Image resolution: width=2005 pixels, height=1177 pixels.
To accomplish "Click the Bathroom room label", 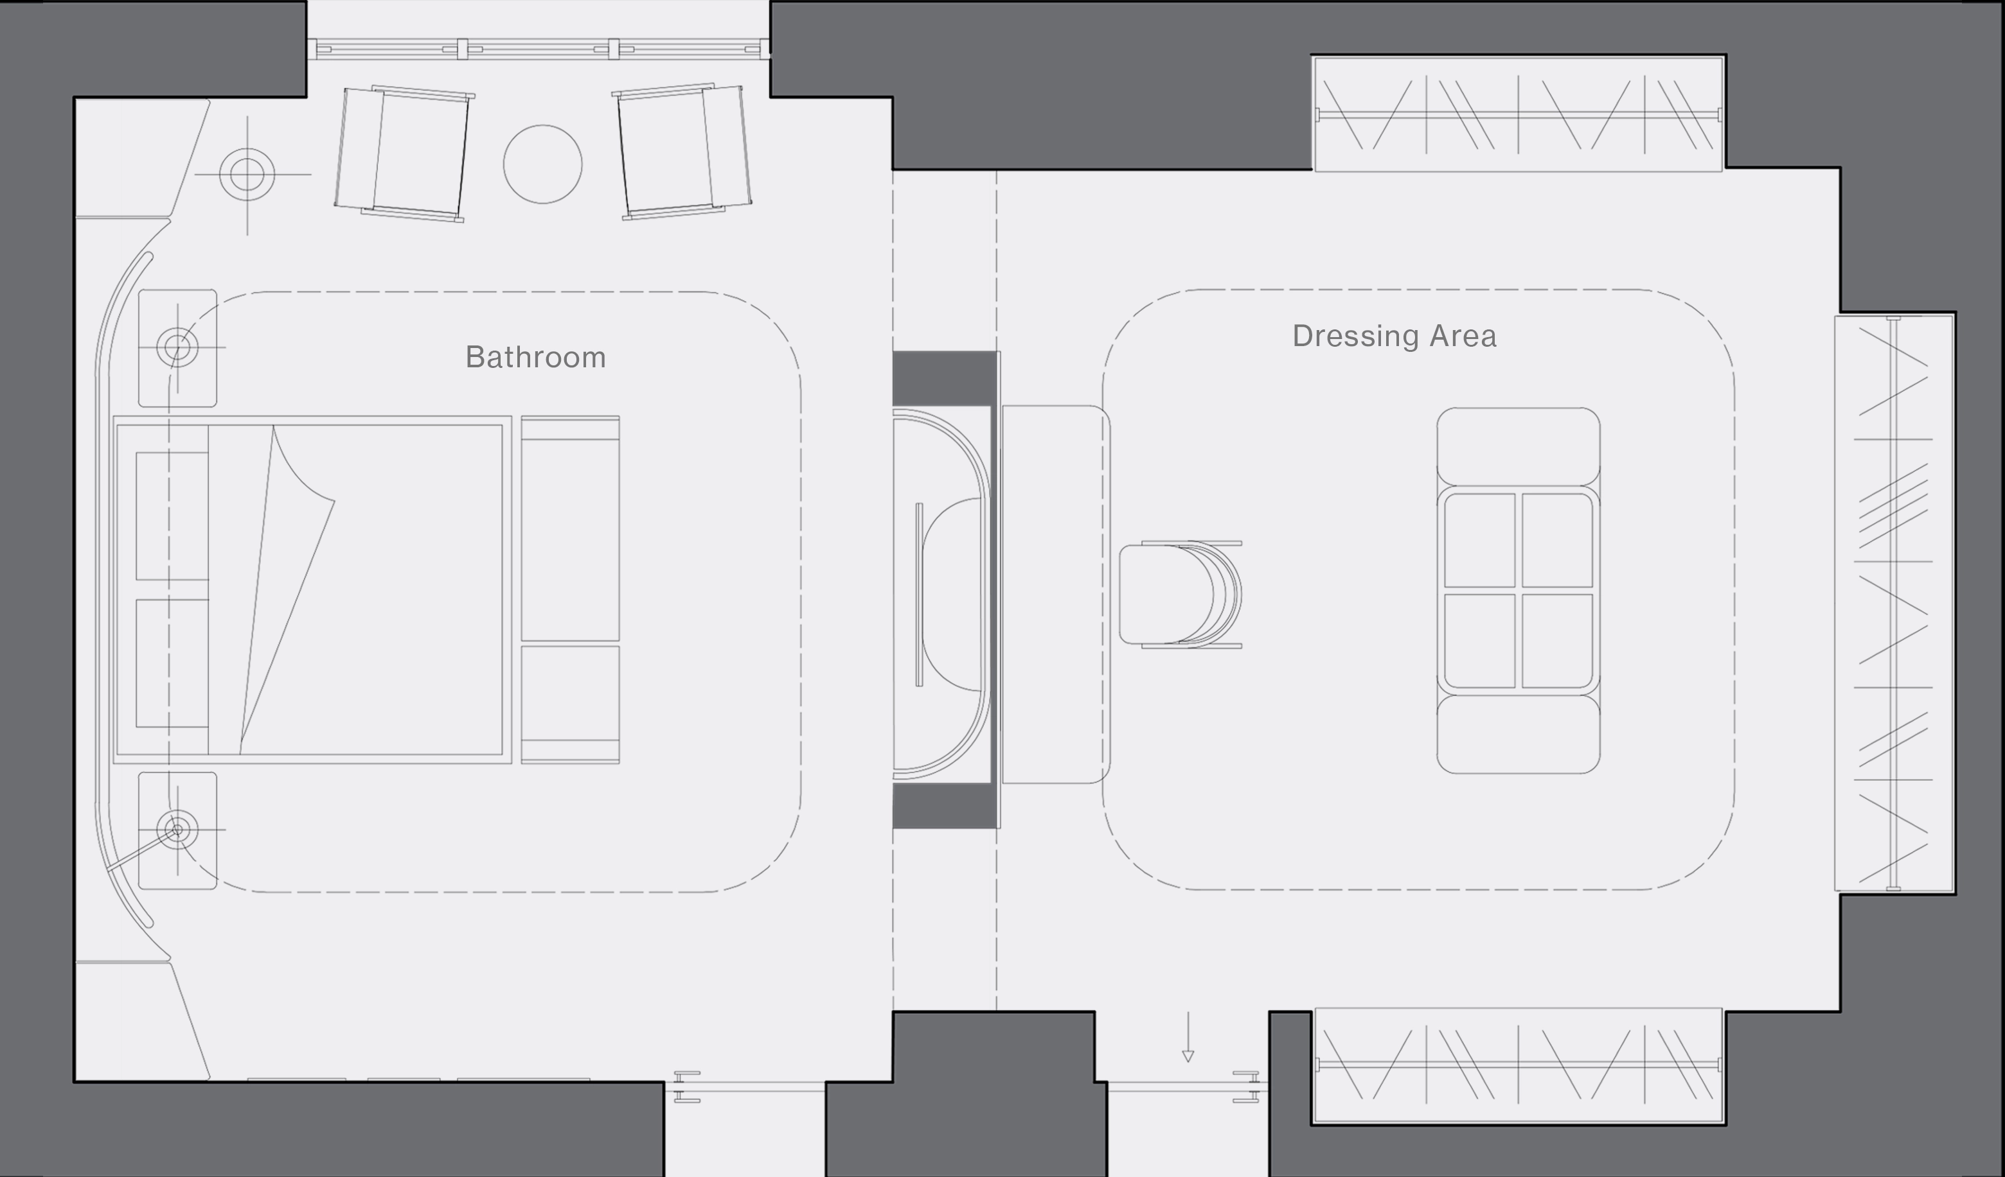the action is (535, 357).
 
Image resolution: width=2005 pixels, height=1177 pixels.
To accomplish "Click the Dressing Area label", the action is (1394, 336).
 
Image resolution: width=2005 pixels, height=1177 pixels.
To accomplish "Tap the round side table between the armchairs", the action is (542, 164).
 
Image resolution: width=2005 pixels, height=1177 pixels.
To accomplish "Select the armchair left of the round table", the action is (404, 153).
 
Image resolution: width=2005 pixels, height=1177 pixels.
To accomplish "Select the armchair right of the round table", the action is (682, 151).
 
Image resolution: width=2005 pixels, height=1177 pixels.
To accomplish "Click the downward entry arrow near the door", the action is (1188, 1037).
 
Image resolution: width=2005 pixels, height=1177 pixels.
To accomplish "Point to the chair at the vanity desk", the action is (1181, 594).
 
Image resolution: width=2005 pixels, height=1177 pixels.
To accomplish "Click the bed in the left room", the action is (312, 589).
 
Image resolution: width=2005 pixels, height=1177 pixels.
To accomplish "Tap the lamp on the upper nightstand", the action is (177, 347).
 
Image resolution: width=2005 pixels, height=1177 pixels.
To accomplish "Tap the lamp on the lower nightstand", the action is (177, 830).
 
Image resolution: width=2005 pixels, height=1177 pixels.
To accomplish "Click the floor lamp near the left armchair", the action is (247, 174).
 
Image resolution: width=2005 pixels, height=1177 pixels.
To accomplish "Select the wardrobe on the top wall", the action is (1518, 113).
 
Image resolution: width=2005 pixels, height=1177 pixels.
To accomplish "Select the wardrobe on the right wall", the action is (1894, 604).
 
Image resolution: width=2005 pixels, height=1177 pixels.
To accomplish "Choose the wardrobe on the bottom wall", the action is (1518, 1066).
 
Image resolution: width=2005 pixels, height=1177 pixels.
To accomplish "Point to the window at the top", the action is (538, 49).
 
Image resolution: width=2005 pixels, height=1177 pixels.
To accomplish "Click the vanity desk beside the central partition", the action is (1056, 594).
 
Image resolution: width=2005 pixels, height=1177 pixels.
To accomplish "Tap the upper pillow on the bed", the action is (172, 516).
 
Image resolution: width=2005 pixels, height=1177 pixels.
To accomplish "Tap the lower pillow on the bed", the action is (172, 663).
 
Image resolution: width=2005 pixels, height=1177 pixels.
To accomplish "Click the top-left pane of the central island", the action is (1480, 541).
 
